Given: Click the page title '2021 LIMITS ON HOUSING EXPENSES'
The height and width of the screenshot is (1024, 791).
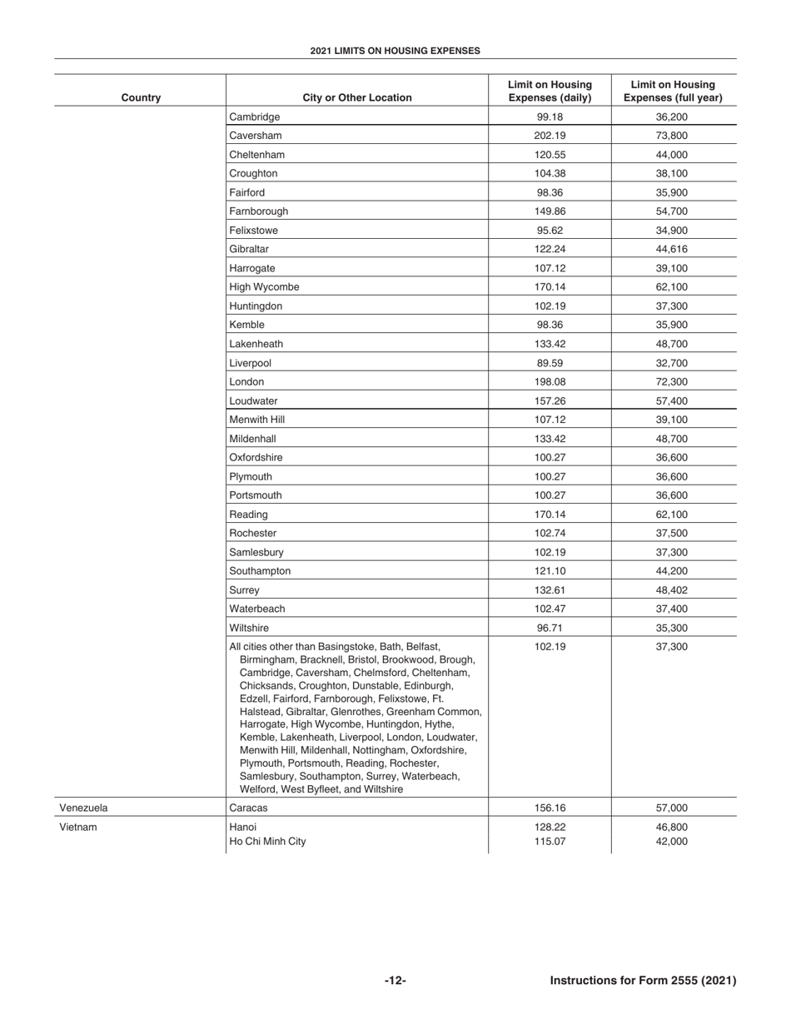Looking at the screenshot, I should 395,51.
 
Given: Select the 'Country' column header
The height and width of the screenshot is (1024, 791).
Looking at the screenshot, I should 141,97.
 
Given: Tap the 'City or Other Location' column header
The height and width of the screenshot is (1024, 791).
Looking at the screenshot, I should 356,97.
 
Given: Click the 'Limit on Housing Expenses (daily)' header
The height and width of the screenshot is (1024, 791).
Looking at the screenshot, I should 550,91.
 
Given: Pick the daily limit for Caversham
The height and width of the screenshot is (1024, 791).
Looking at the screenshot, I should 550,136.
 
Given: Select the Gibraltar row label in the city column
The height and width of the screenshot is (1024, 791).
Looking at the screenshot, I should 249,249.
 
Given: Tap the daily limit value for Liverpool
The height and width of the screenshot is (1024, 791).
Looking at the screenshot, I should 550,363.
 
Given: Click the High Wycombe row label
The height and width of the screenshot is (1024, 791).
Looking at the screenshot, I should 264,287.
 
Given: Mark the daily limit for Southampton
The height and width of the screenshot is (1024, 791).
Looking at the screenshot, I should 550,571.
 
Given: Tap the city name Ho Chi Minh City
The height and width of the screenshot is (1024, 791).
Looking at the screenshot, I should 267,842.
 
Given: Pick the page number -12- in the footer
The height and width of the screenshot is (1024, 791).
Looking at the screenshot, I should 395,981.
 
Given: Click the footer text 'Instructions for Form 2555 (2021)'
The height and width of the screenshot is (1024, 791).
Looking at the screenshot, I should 643,981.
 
